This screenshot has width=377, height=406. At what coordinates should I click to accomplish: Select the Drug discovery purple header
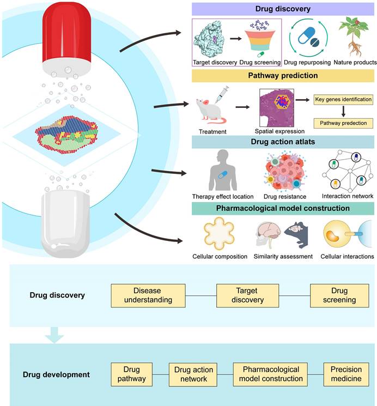click(283, 8)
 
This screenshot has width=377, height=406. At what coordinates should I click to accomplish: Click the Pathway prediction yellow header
click(283, 75)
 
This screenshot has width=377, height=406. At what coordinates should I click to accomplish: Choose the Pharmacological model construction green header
click(283, 208)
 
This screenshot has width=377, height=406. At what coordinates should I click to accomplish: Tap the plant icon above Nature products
click(351, 36)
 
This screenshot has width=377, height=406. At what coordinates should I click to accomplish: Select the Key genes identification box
click(343, 100)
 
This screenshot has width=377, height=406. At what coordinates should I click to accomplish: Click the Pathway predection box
click(343, 124)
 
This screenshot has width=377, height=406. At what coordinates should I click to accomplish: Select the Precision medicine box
click(345, 374)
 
